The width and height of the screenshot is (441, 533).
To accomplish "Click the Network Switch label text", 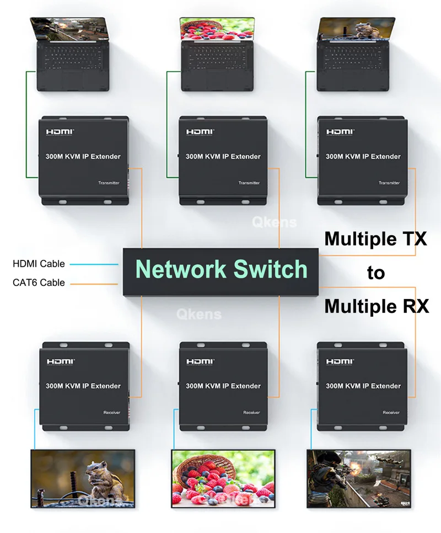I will pos(222,269).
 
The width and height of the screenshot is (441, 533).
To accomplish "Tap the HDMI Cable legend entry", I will pos(39,264).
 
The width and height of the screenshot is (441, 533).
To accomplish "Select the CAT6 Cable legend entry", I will pos(39,283).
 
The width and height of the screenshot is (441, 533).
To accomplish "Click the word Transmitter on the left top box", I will pos(109,183).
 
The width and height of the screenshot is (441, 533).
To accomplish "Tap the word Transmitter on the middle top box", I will pos(249,183).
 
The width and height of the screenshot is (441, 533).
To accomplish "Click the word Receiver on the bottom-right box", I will pos(391,412).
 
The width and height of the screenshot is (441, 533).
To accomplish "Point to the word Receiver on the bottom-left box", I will pos(111,412).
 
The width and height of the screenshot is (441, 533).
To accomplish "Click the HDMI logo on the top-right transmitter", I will pos(338,132).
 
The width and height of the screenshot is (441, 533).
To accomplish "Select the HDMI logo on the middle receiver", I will pos(198,361).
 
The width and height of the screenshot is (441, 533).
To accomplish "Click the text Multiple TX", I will pos(375,239).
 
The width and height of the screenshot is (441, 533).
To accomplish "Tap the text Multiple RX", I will pos(376,306).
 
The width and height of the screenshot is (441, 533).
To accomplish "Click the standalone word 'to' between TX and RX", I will pos(375,273).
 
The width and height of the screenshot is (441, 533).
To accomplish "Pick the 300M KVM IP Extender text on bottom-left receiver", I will pos(83,386).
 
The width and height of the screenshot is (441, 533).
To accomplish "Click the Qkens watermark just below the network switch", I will pos(198,315).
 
